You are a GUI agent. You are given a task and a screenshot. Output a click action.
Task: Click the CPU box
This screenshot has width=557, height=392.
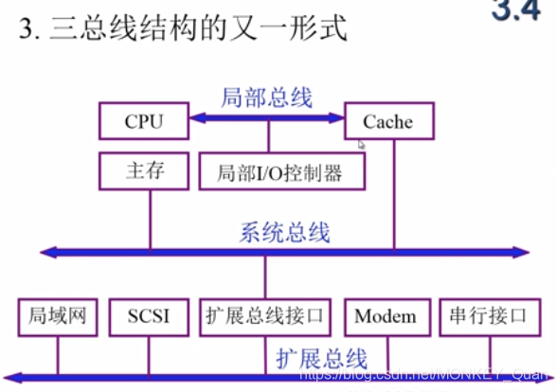coord(144,121)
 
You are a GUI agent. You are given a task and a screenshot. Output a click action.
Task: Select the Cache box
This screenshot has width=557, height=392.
coord(387,121)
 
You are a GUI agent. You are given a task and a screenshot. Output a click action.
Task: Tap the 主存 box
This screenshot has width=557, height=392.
coord(144,171)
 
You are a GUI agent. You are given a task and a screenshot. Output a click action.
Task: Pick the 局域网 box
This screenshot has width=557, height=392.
coord(58,316)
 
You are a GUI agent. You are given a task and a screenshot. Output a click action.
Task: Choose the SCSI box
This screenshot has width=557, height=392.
coord(149,316)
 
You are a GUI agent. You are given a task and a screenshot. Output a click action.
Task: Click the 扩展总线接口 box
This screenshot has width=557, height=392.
coord(264,316)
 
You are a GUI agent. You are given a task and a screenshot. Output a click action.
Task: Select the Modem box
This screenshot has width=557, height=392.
coord(386,316)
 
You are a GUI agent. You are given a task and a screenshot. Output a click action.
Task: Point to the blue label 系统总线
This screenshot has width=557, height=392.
coord(285,231)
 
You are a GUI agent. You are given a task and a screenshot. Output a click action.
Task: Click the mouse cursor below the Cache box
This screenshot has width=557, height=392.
coord(361,145)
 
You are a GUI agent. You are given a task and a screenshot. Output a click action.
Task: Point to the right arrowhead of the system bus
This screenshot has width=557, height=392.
coord(520,252)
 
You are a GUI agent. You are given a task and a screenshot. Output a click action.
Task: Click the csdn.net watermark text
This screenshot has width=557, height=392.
coord(417,376)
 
